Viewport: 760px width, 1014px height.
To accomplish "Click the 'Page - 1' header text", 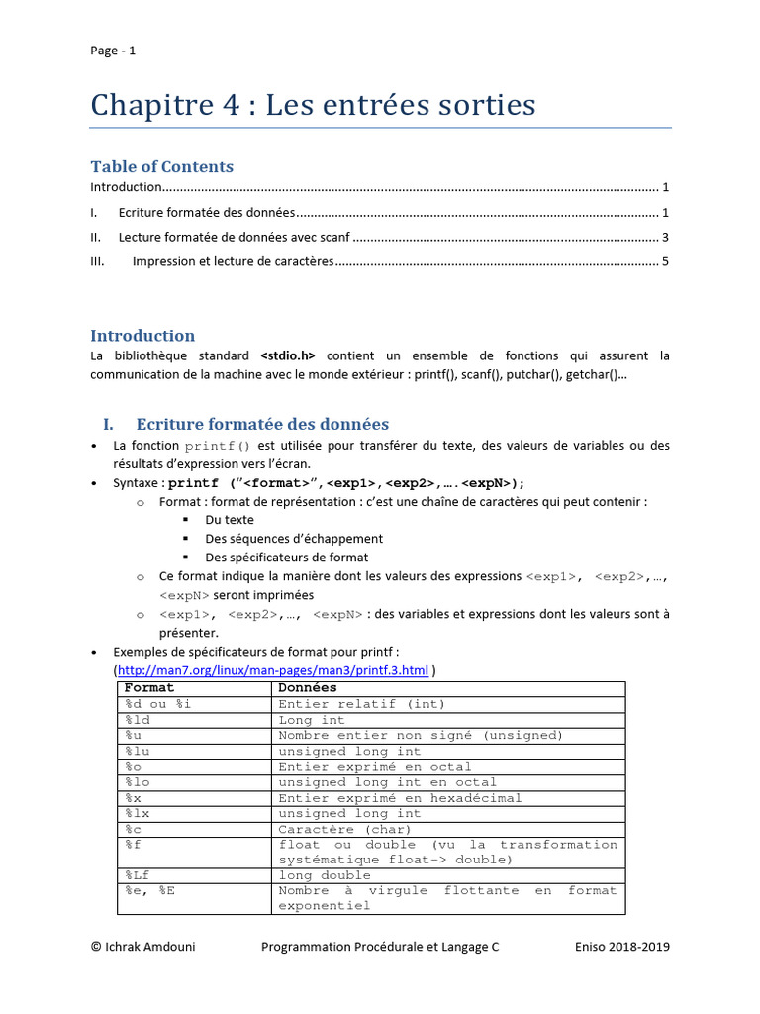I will pos(113,51).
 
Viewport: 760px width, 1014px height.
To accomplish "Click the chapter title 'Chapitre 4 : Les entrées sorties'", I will pos(313,105).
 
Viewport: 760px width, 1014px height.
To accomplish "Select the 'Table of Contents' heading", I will pos(162,166).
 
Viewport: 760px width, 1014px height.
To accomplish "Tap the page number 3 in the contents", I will pos(666,238).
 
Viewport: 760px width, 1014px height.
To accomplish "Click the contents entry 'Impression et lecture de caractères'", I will pos(233,262).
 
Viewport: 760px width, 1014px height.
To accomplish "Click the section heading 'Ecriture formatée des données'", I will pos(262,424).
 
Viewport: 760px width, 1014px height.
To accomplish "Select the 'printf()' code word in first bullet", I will pos(219,447).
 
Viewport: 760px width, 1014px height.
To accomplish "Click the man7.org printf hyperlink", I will pos(273,670).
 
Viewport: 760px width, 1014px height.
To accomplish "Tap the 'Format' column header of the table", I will pos(149,688).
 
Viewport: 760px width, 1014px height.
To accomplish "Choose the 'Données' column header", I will pos(308,688).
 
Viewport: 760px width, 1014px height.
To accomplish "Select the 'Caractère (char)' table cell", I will pos(344,829).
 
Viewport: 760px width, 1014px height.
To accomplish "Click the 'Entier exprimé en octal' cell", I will pos(375,766).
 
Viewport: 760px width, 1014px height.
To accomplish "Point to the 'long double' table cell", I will pos(325,875).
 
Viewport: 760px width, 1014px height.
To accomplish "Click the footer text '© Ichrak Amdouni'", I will pos(142,947).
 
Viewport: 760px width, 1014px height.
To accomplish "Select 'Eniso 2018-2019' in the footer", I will pos(621,947).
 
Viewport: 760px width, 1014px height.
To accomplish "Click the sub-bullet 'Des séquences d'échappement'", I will pos(294,539).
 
